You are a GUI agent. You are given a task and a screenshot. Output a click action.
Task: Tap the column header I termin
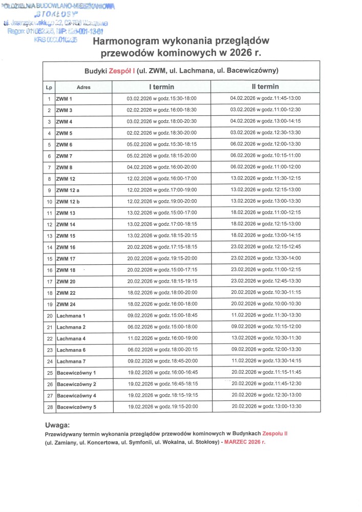coord(161,87)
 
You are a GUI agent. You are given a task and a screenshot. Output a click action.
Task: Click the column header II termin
coord(265,87)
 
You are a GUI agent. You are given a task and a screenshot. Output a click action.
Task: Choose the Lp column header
coord(49,88)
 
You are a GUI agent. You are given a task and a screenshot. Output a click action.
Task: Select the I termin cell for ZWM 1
coord(161,99)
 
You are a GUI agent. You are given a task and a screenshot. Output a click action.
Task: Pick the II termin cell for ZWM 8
coord(265,167)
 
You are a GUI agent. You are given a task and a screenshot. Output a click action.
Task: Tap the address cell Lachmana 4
coord(71,339)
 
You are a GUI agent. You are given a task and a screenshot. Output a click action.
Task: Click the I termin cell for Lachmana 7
coord(161,361)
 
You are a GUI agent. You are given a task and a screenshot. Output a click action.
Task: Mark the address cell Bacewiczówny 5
coord(76,408)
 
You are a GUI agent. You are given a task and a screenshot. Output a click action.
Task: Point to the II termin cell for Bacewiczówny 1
coord(265,373)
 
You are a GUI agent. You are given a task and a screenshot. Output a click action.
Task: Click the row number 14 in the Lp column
coord(49,247)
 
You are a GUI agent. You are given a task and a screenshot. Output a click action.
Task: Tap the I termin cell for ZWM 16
coord(161,247)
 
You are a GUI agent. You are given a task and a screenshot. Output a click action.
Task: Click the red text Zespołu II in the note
coord(274,433)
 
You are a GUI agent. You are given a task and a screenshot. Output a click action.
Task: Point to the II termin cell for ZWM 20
coord(265,282)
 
